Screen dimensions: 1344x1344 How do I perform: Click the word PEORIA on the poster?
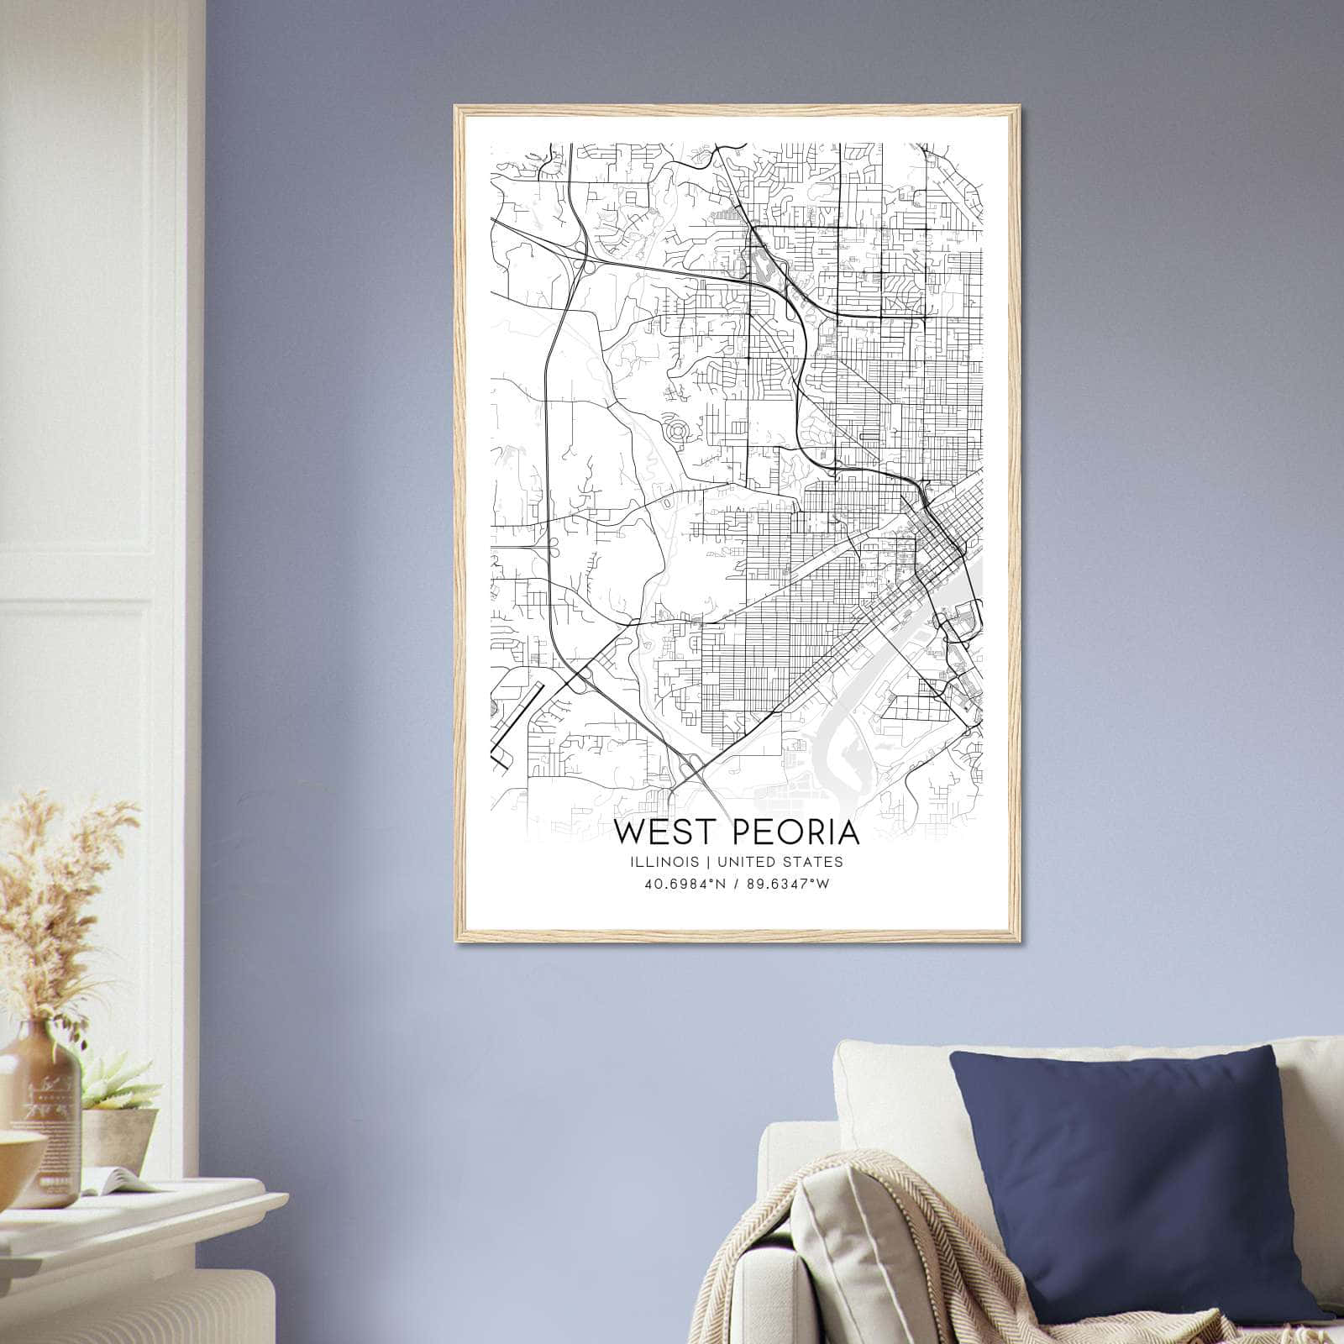click(x=796, y=832)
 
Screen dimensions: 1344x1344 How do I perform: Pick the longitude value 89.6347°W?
click(x=787, y=884)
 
